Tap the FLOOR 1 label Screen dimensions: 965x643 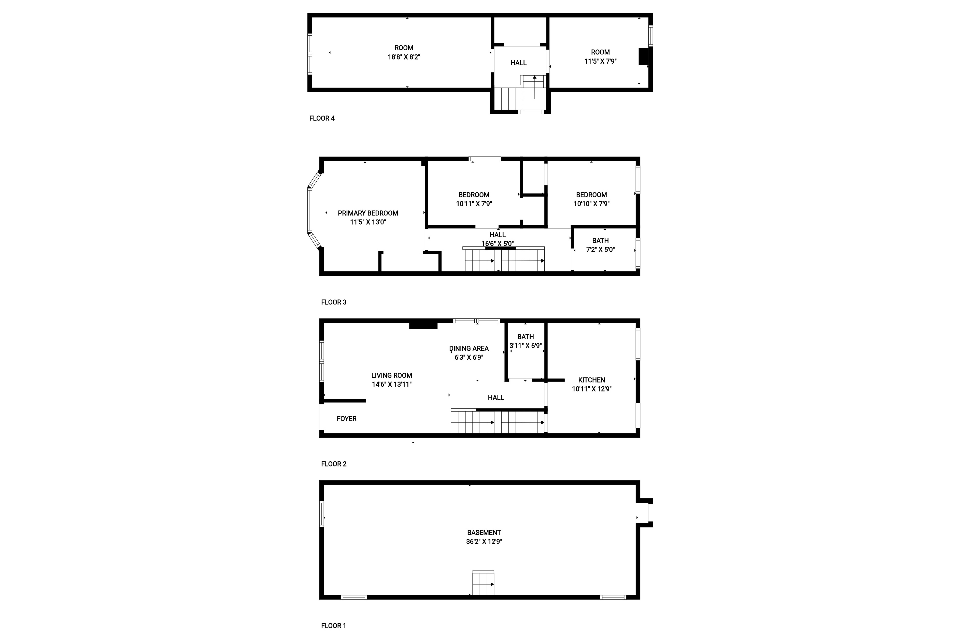tap(334, 626)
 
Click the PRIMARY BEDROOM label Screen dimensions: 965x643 tap(368, 213)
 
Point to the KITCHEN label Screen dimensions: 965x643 tap(592, 380)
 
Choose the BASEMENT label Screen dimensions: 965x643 tap(484, 533)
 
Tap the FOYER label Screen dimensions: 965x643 tap(346, 419)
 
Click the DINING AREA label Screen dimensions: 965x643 tap(469, 348)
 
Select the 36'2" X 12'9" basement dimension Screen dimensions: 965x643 tap(484, 542)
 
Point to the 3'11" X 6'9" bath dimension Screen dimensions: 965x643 tap(526, 346)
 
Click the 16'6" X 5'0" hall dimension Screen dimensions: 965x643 tap(498, 244)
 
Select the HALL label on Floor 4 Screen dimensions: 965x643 tap(519, 63)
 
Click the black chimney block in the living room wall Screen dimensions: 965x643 tap(423, 326)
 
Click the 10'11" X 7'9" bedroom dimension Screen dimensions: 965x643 tap(474, 204)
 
